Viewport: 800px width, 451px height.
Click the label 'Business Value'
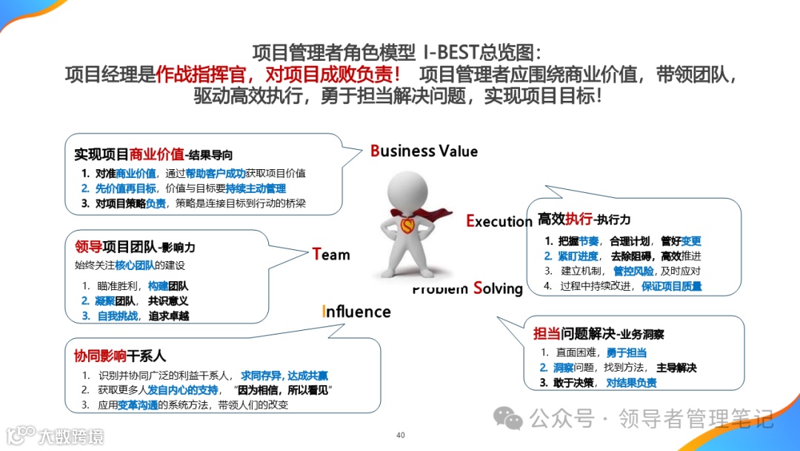pos(424,151)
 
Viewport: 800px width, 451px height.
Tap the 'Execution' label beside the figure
pos(499,220)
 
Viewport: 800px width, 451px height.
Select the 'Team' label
pos(331,254)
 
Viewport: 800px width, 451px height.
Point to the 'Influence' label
pos(356,312)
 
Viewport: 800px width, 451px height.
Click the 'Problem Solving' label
pos(467,289)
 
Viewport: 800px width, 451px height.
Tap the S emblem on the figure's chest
pos(407,223)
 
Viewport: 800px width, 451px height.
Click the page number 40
pos(400,435)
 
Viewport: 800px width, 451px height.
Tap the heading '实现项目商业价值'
pos(129,155)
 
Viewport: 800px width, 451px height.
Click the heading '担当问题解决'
pos(567,334)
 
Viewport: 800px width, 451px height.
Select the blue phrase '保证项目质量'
pos(671,286)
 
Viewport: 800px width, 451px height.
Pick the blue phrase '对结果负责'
pos(631,383)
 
